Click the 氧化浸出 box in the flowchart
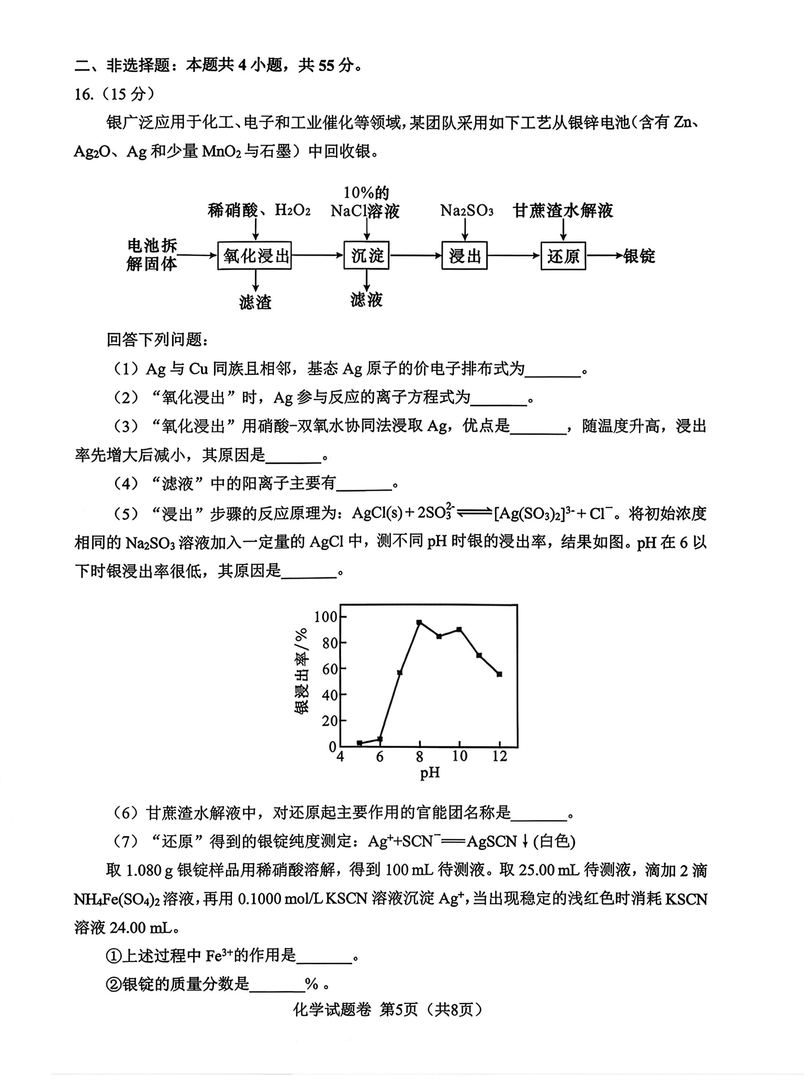[254, 255]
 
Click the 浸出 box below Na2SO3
[464, 255]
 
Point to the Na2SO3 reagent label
[466, 211]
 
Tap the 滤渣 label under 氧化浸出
[255, 302]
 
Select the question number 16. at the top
[84, 94]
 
